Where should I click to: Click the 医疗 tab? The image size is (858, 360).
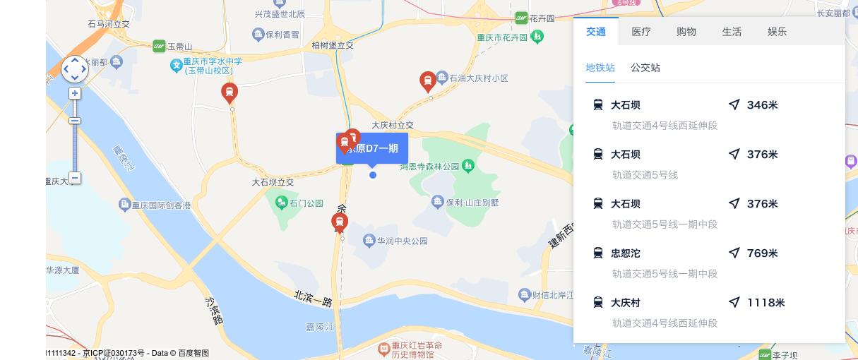641,32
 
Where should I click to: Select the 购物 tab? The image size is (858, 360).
686,32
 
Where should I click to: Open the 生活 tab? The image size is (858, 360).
732,32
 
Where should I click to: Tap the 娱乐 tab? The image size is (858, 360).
777,32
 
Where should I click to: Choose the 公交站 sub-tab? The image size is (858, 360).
645,68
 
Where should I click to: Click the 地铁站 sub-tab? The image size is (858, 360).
600,68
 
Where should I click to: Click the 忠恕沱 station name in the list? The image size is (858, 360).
626,253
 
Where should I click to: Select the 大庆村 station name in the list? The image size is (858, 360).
626,303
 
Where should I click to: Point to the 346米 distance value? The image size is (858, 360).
762,105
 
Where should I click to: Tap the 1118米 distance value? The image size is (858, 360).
765,303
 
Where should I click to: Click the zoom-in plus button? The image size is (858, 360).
75,93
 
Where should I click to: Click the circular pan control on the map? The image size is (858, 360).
75,69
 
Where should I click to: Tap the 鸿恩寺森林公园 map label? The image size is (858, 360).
430,167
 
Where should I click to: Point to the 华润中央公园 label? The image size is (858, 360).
402,241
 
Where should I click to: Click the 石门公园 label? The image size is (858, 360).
306,203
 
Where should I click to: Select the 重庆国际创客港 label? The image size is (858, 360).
161,205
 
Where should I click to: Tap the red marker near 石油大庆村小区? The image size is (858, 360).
427,80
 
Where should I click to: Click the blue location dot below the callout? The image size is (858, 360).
373,175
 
